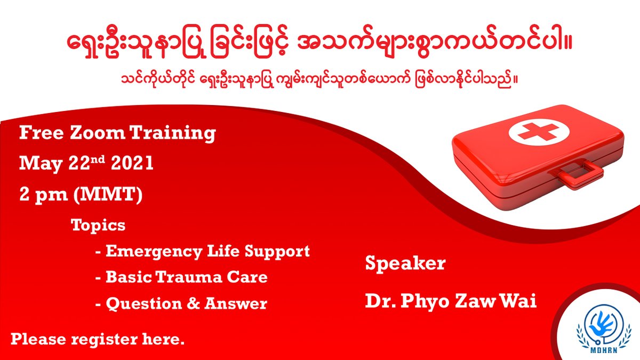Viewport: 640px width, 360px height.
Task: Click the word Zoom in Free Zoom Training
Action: click(x=97, y=133)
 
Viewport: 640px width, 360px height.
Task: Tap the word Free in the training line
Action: click(x=41, y=133)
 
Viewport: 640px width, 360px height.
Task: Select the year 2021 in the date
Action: click(x=132, y=163)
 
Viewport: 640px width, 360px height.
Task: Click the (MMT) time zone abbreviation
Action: click(x=108, y=195)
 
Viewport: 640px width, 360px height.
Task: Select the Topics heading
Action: click(x=98, y=226)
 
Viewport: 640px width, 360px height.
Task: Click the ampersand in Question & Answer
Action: click(x=193, y=303)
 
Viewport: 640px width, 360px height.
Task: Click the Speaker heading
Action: click(x=405, y=263)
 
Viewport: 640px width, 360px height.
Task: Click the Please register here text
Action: click(x=98, y=340)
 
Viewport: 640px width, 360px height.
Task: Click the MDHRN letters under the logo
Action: click(x=603, y=350)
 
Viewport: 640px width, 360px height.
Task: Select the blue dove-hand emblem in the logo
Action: click(x=602, y=326)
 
